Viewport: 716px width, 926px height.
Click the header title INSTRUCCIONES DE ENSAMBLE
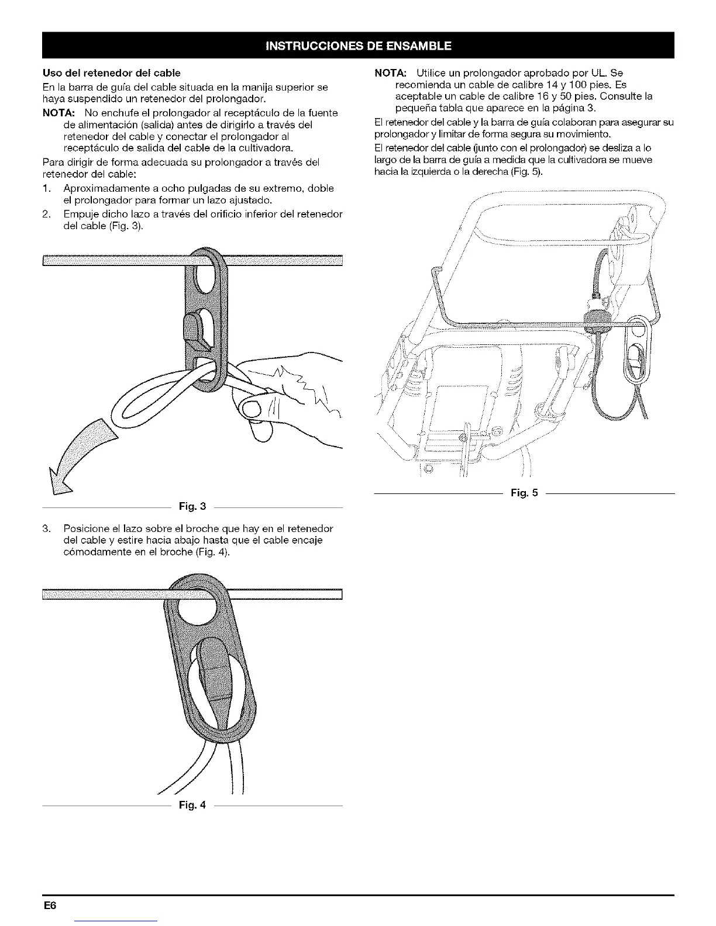tap(358, 45)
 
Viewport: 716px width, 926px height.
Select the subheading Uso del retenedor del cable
tap(112, 73)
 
